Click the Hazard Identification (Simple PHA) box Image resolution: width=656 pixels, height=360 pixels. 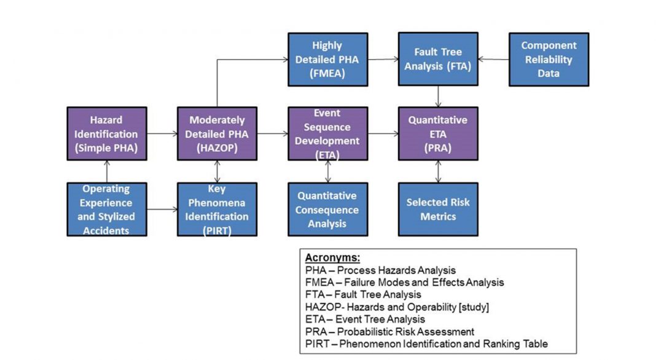tap(106, 134)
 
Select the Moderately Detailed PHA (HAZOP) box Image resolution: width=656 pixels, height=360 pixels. tap(217, 134)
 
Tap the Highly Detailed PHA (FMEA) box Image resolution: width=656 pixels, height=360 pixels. tap(327, 60)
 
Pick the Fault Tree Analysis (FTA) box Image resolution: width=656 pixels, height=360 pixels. tap(437, 60)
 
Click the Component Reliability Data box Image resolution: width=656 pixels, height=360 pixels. tap(549, 60)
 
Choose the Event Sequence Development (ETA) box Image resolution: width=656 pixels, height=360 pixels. tap(327, 134)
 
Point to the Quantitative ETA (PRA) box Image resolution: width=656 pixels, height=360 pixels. tap(437, 134)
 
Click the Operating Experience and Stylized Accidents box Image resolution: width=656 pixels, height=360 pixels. tap(106, 209)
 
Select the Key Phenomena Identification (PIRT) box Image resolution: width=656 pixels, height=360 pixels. tap(217, 209)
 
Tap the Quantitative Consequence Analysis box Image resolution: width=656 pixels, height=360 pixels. tap(327, 209)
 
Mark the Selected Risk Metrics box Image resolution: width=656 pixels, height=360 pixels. tap(437, 209)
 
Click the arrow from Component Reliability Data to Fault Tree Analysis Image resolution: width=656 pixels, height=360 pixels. tap(493, 60)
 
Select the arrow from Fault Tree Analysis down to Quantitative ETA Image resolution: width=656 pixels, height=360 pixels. tap(438, 96)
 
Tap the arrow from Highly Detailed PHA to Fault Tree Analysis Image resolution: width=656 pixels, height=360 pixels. tap(383, 60)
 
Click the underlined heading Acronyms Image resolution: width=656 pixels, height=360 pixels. tap(332, 258)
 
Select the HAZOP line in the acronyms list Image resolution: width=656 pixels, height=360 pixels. tap(397, 307)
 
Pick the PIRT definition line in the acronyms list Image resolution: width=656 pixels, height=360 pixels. tap(426, 344)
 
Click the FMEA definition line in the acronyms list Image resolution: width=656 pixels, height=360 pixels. tap(404, 283)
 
